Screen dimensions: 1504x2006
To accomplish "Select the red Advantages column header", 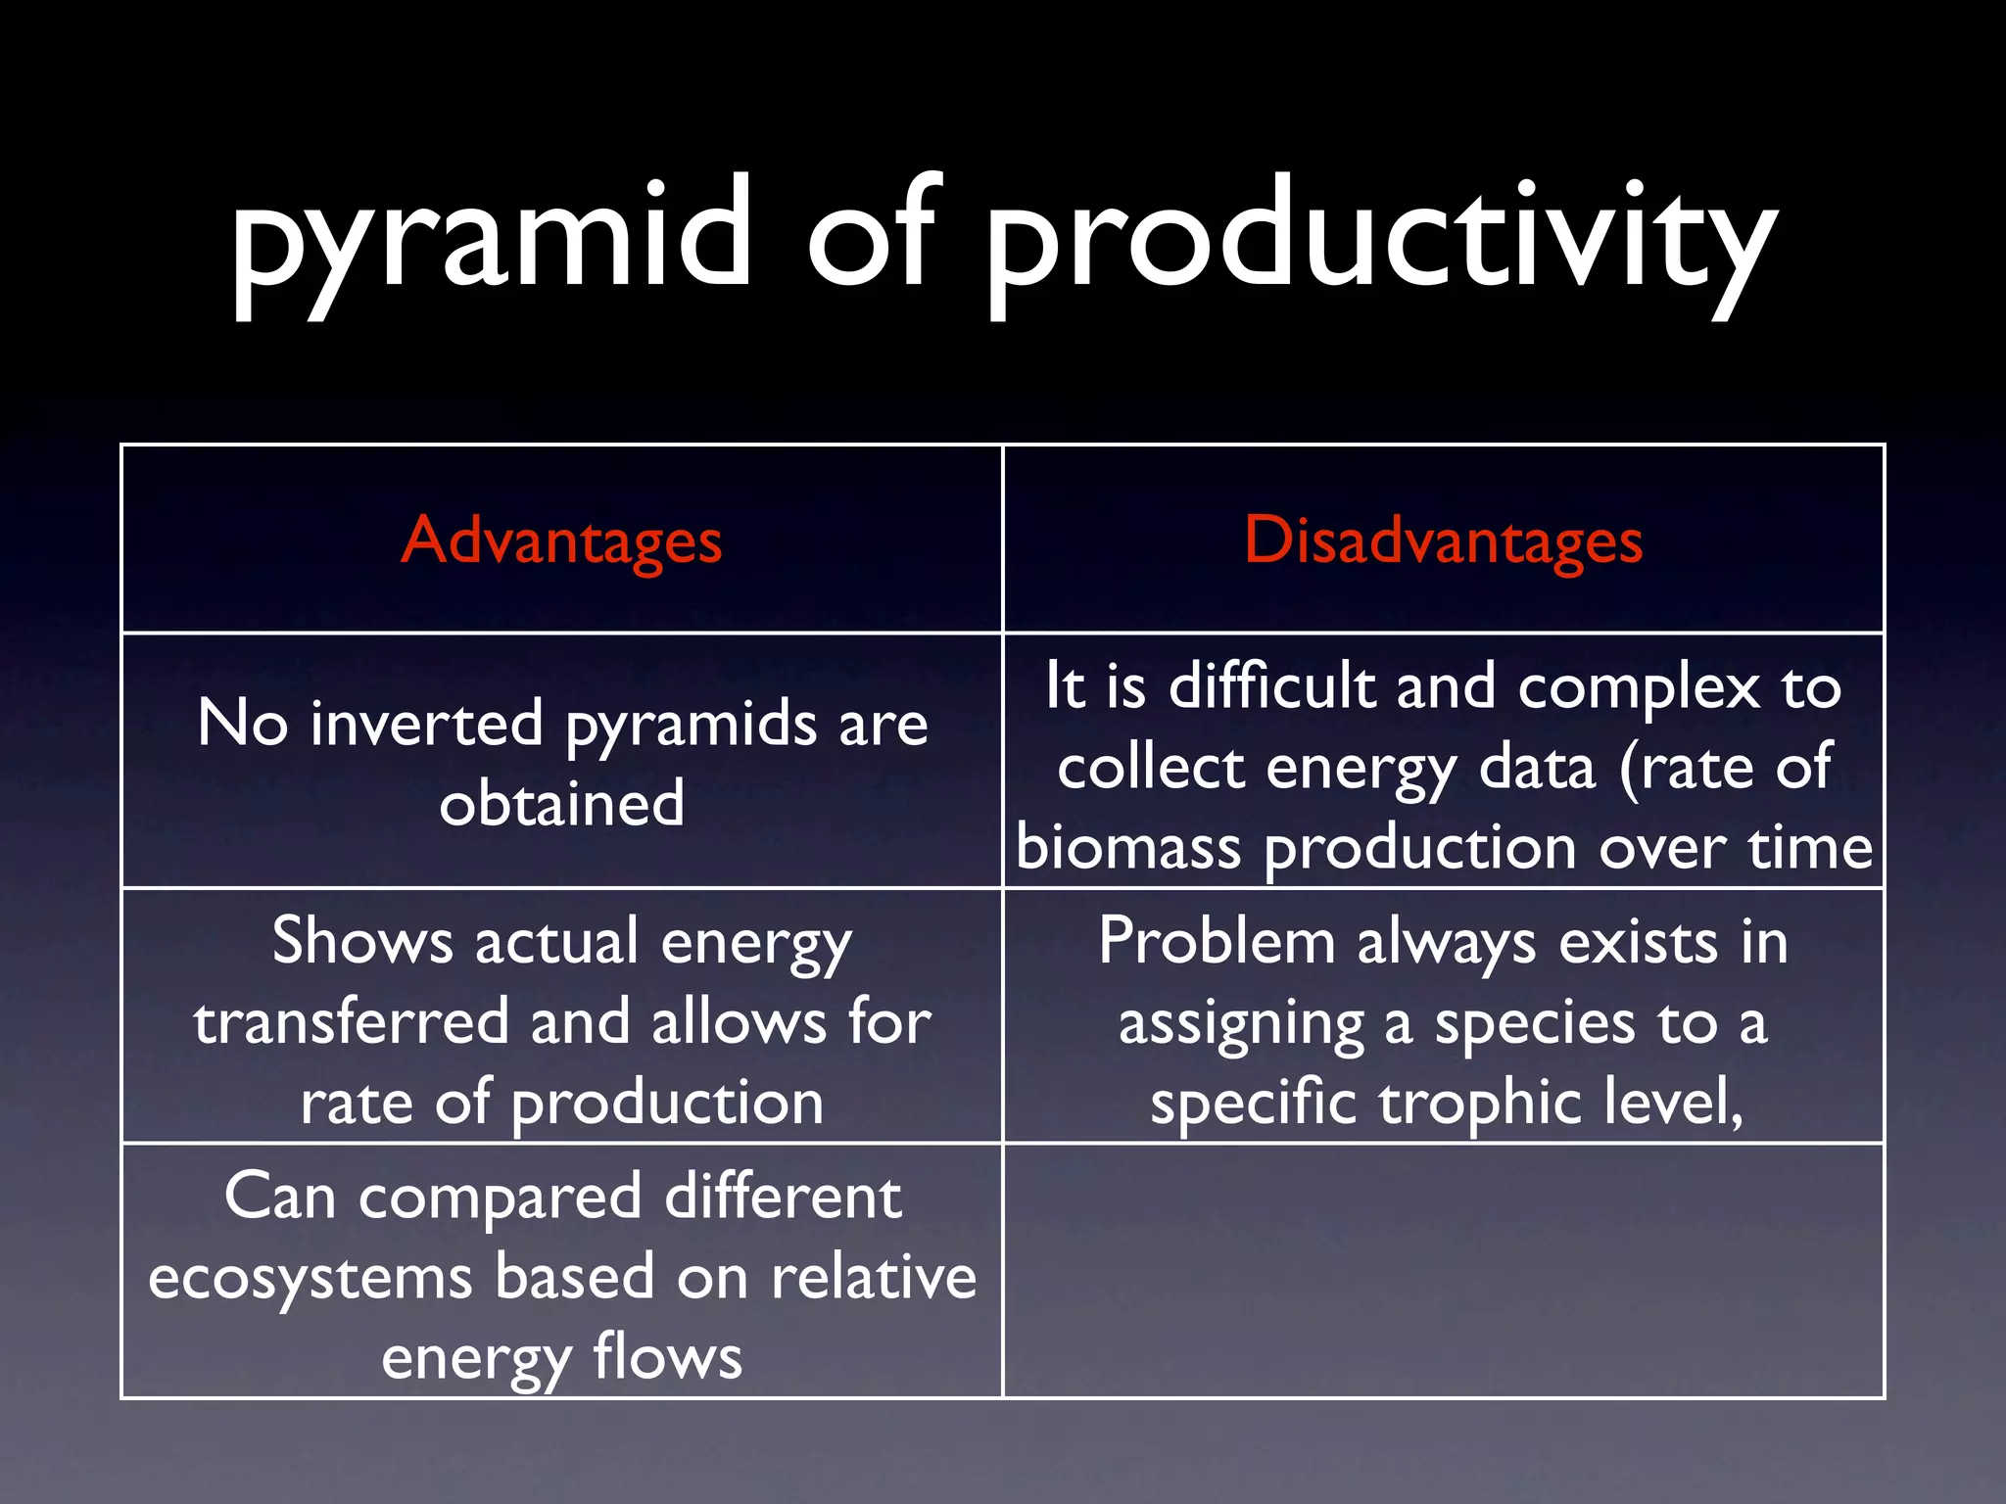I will point(561,540).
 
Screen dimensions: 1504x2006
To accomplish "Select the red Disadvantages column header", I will point(1443,540).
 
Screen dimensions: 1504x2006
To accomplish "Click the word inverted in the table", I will point(426,725).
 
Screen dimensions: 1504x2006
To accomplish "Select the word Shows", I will point(362,942).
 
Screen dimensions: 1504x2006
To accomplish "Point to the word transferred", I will point(351,1022).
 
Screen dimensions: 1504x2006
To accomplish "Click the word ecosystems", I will point(310,1279).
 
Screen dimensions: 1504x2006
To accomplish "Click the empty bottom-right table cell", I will point(1443,1271).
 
